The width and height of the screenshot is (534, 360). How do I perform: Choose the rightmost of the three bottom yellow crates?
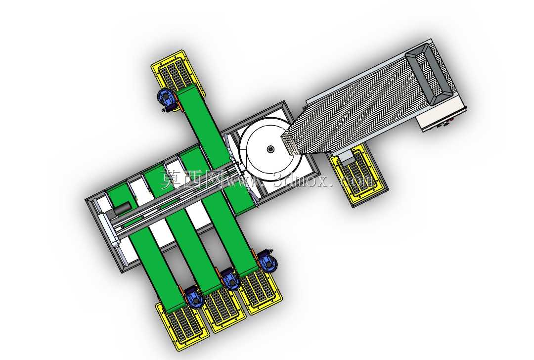click(261, 291)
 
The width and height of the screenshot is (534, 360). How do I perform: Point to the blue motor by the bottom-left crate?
click(193, 297)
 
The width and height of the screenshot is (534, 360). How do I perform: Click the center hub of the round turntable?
click(271, 149)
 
